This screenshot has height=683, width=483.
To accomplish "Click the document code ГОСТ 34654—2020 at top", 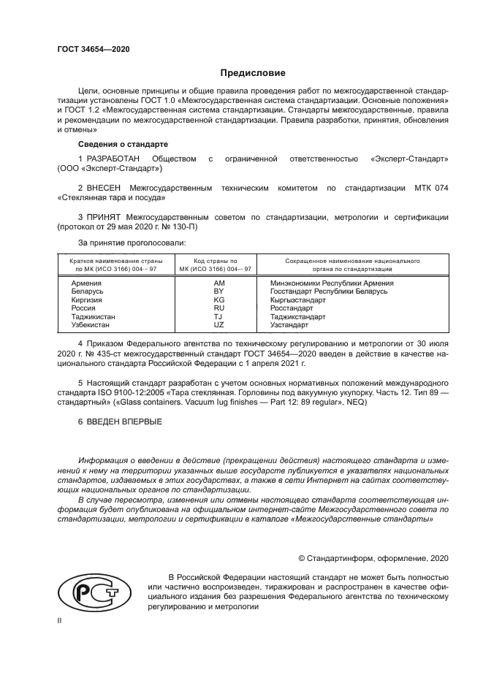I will pos(93,49).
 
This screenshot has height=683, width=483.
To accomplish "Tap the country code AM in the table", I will pos(219,282).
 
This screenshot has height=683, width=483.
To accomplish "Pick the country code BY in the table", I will pos(219,291).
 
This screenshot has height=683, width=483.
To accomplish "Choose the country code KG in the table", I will pos(219,299).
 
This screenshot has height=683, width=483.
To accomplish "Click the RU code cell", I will pos(219,308).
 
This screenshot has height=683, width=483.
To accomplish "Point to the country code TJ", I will pos(219,317).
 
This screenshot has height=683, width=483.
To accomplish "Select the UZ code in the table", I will pos(219,325).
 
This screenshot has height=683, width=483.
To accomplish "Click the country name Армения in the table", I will pos(86,282).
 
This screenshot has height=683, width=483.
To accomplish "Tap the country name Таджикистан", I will pos(94,317).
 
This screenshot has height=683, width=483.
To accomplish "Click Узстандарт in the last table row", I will pos(289,325).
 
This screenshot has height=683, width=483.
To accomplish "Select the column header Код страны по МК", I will pos(219,260).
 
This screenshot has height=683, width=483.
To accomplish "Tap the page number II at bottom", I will pos(60,620).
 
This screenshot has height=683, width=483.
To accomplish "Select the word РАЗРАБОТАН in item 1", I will pos(111,158).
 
